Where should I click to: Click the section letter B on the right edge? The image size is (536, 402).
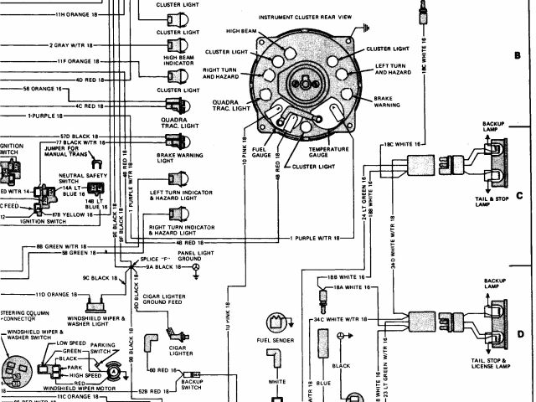pyautogui.click(x=518, y=56)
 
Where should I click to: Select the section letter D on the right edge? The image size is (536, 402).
pyautogui.click(x=518, y=332)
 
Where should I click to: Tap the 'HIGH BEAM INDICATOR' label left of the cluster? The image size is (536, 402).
pyautogui.click(x=178, y=59)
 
